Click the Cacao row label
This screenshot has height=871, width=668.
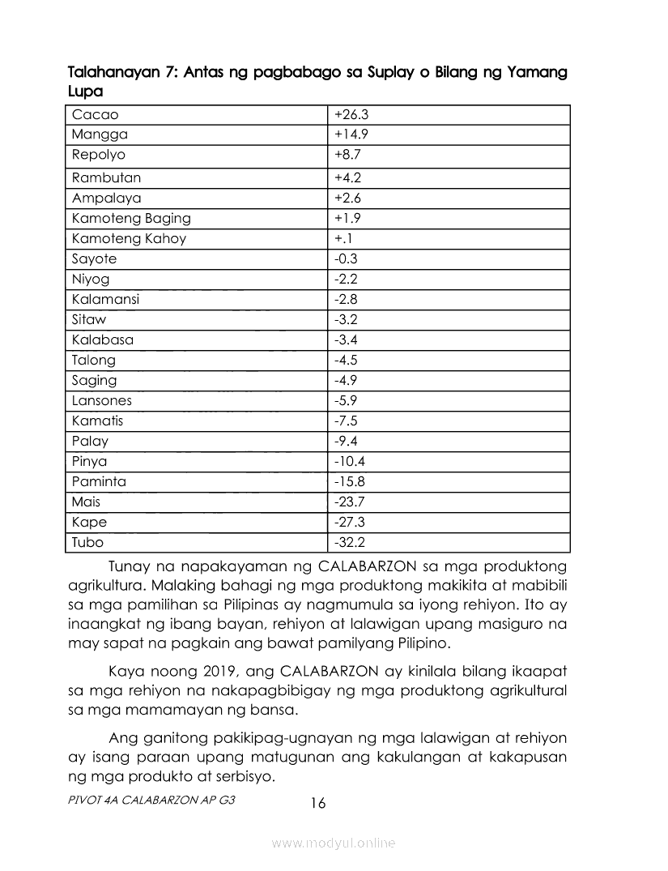[95, 114]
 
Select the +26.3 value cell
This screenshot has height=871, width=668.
[351, 114]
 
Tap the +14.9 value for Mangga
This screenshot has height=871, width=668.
[351, 134]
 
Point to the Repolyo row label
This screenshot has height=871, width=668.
[99, 155]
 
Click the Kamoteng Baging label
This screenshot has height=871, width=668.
[131, 218]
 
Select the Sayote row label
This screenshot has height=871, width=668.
[94, 258]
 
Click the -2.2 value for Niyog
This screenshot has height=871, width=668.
[346, 279]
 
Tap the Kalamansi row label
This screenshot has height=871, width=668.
[105, 299]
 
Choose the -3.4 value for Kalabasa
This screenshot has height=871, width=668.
[346, 339]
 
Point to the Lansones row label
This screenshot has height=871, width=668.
[101, 400]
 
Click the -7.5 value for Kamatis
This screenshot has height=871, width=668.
[346, 421]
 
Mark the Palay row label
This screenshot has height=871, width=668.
[89, 441]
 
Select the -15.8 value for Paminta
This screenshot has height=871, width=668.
[349, 481]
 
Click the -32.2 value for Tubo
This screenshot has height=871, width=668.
[349, 542]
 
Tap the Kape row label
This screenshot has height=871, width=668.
[89, 522]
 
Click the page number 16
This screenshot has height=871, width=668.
[317, 803]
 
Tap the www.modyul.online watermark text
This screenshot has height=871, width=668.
[334, 843]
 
